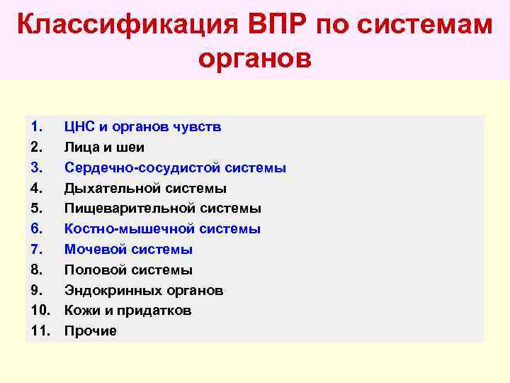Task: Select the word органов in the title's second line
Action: pyautogui.click(x=255, y=58)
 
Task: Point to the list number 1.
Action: pyautogui.click(x=37, y=127)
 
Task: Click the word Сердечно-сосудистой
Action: pyautogui.click(x=142, y=168)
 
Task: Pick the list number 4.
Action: pyautogui.click(x=37, y=188)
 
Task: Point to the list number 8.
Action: pyautogui.click(x=37, y=270)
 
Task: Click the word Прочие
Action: pyautogui.click(x=91, y=331)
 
